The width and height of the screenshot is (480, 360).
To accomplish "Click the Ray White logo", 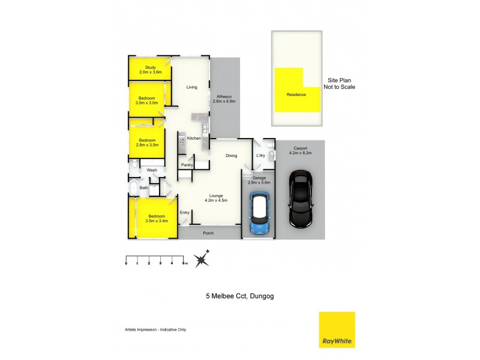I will click(337, 329).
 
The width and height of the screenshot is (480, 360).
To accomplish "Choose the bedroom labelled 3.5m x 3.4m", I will click(157, 218).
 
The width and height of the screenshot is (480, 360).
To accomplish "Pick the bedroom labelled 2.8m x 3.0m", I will click(147, 143).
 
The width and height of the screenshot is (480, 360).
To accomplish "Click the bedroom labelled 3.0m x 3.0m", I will click(147, 100).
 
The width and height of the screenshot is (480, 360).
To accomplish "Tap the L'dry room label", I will click(260, 156).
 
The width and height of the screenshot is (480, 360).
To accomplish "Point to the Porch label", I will click(208, 233).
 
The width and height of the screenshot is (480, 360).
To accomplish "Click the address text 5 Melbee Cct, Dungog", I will click(240, 296).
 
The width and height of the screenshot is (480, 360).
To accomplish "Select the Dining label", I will click(231, 156).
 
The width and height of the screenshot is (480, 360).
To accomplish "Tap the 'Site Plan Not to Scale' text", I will click(340, 83).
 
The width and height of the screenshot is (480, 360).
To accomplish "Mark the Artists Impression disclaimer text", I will click(146, 329).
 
